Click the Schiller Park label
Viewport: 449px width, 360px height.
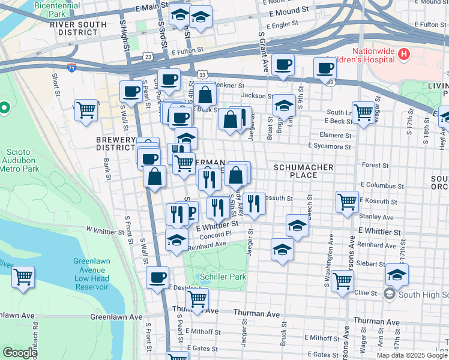214,277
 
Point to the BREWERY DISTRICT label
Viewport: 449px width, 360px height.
116,143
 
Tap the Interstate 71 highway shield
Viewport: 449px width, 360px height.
72,67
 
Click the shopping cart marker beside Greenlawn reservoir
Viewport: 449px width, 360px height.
23,277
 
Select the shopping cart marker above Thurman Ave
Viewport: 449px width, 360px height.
197,298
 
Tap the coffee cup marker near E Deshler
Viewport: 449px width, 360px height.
158,277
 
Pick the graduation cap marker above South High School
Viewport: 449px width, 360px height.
397,274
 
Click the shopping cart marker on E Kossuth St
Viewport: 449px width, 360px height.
347,202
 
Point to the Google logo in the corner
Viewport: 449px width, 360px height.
20,353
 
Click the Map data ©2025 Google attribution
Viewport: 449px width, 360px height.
412,355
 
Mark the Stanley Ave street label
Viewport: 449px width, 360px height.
376,217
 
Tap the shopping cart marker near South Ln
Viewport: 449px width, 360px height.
364,112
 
